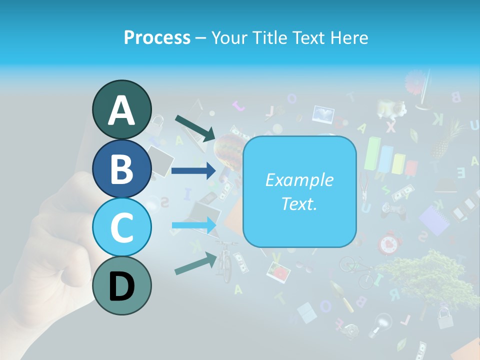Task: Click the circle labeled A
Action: click(121, 109)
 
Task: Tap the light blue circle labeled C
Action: click(121, 227)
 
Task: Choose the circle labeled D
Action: click(121, 286)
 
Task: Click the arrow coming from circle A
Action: click(195, 128)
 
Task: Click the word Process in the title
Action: click(157, 38)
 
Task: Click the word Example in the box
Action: click(299, 180)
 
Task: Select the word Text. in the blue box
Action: click(299, 203)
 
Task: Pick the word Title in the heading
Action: click(267, 38)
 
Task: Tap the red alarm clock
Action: click(388, 243)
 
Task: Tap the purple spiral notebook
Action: click(433, 220)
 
